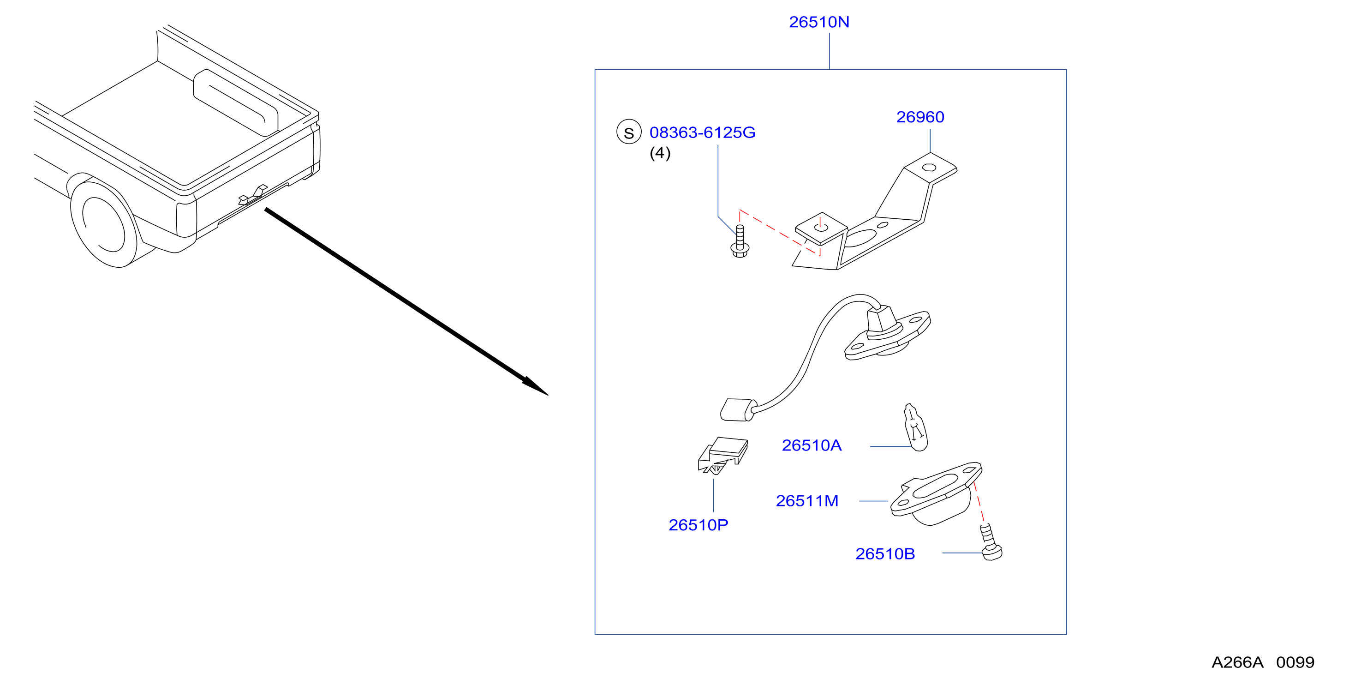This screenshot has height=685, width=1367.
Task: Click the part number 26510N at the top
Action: tap(819, 22)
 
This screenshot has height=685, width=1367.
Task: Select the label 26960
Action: tap(920, 117)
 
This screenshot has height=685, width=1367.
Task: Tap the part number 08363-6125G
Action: tap(702, 132)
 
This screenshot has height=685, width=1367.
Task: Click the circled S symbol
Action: tap(629, 132)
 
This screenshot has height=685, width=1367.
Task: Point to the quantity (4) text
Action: tap(660, 153)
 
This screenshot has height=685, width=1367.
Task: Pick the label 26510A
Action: tap(812, 445)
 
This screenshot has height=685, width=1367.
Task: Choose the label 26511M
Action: tap(806, 501)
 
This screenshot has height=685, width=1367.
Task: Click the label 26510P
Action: tap(698, 525)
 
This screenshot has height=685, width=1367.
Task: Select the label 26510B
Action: tap(885, 554)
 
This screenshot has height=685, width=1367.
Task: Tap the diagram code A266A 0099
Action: tap(1263, 662)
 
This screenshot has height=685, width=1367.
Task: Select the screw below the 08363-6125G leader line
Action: tap(740, 241)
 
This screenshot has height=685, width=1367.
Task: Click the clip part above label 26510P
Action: tap(723, 455)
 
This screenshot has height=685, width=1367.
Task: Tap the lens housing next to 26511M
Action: tap(936, 494)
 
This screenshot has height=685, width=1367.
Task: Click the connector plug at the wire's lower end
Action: tap(738, 410)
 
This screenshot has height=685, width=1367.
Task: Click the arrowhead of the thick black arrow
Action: tap(535, 386)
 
